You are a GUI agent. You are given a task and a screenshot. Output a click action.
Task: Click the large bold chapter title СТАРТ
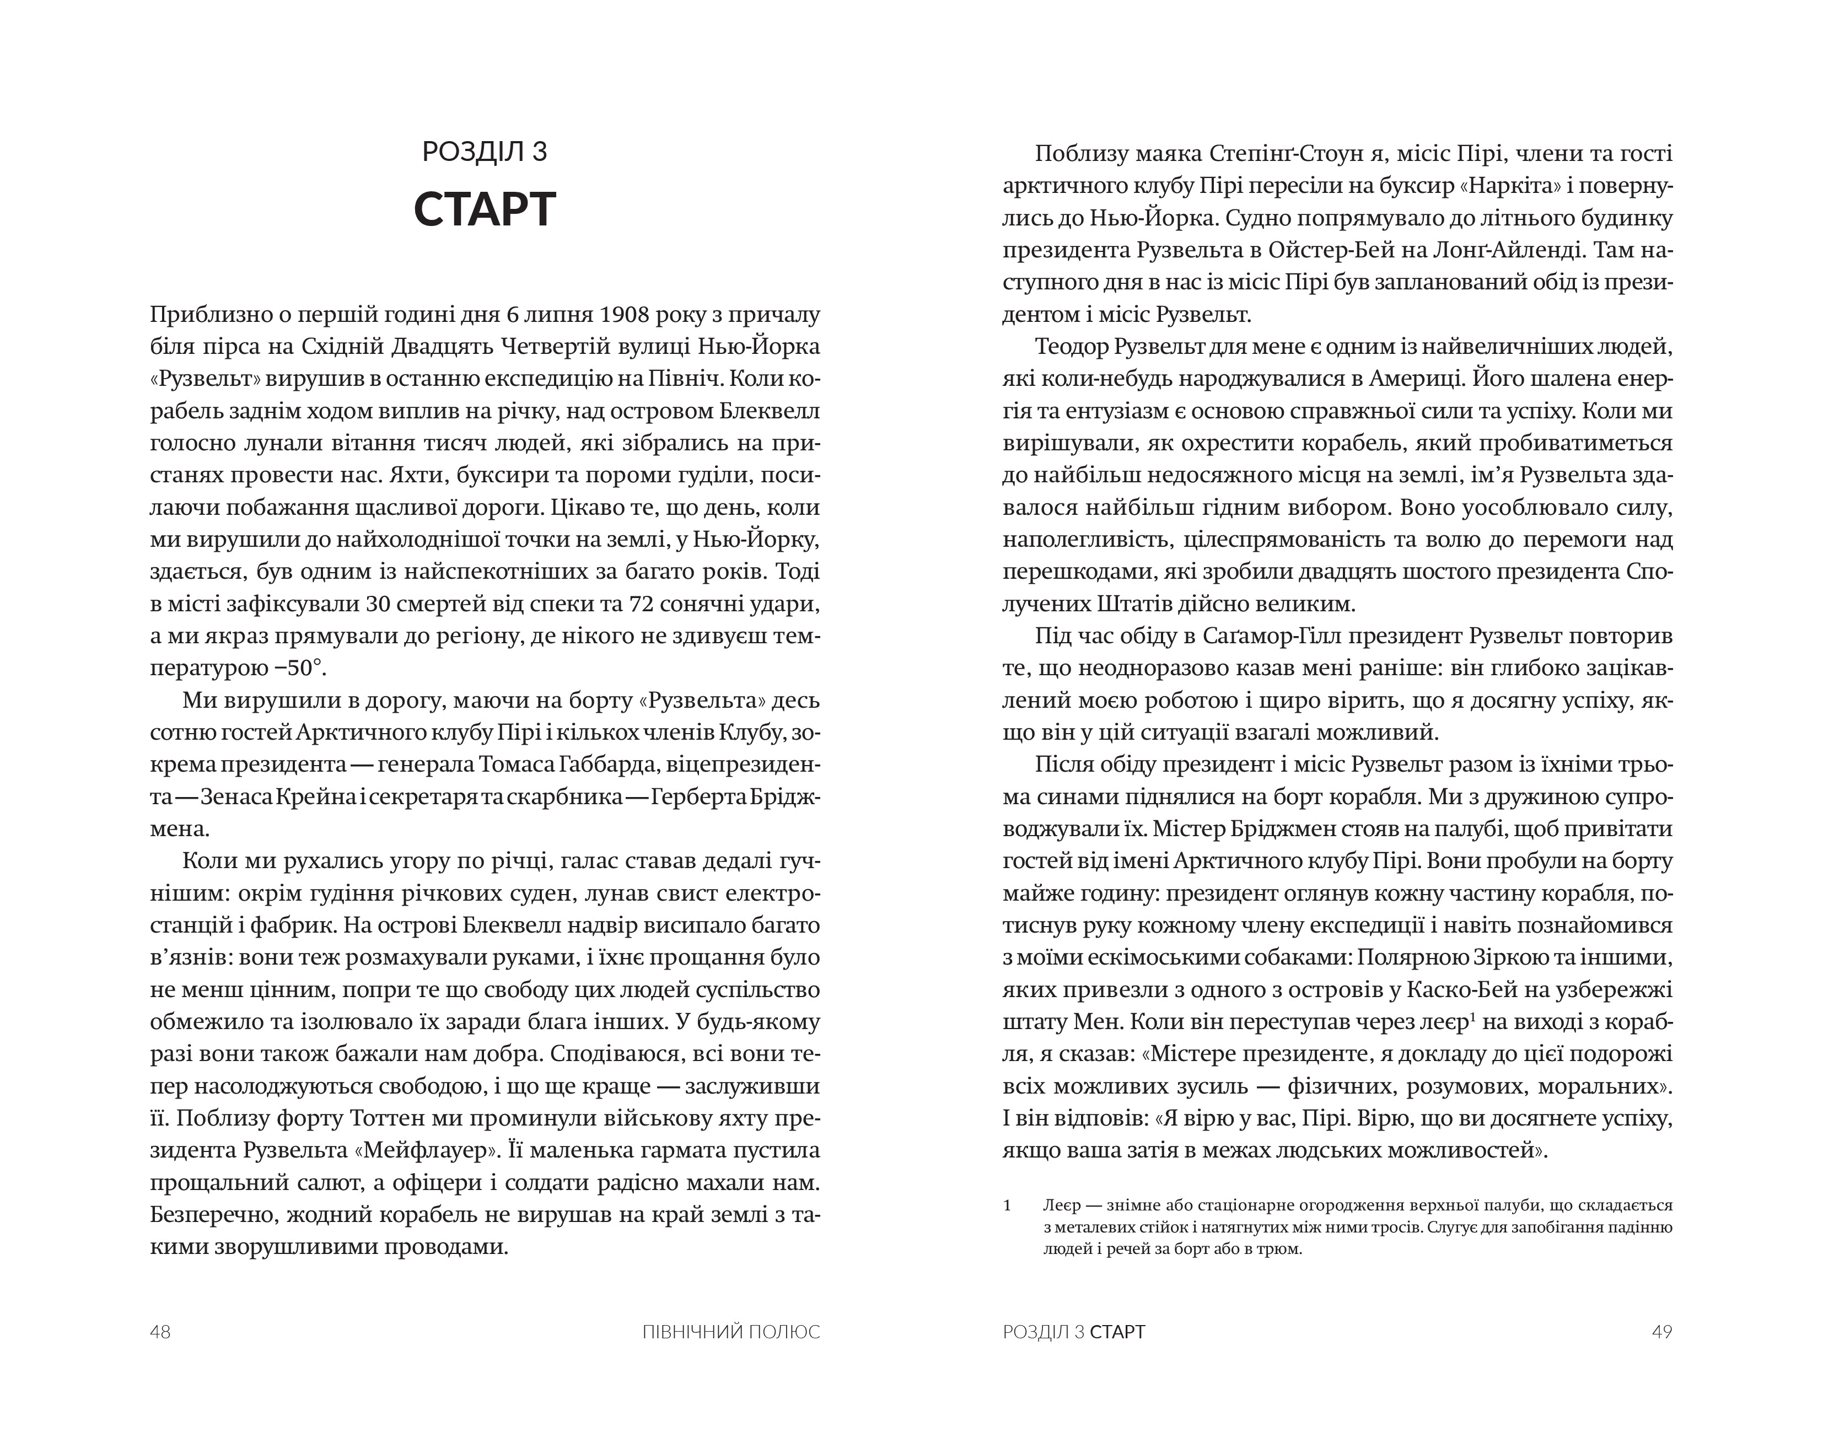485,209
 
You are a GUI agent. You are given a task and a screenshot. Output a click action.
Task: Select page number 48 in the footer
160,1332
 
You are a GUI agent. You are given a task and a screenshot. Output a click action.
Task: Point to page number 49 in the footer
1661,1332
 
